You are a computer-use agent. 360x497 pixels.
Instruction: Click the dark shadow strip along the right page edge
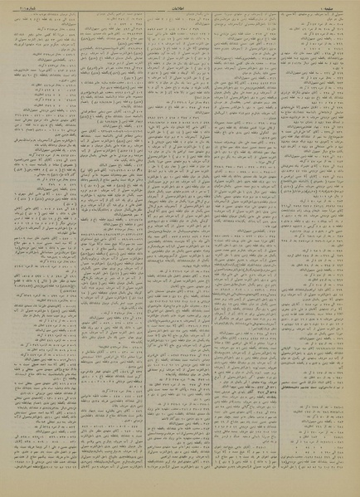pyautogui.click(x=357, y=249)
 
